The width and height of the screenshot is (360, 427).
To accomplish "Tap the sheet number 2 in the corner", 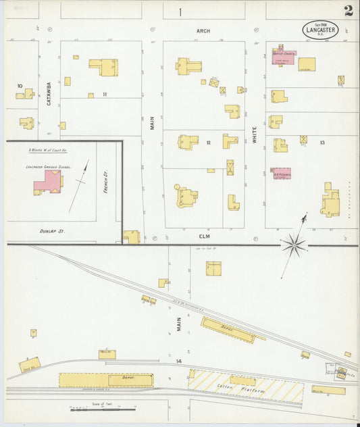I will coord(348,11).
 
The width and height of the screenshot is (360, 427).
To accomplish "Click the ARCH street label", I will coord(203,31).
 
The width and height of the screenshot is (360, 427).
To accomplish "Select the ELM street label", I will coord(204,236).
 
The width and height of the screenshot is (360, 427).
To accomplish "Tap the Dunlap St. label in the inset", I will coord(52,231).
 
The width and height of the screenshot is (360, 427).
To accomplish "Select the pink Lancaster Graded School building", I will coord(48,182).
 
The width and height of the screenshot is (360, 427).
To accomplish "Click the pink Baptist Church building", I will coord(283,56).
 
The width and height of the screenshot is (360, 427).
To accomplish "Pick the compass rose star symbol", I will coord(294,245).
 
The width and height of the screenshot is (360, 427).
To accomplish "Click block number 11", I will coord(105,94).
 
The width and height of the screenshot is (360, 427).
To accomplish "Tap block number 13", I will coord(322,142).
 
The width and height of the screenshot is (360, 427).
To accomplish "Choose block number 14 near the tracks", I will coord(179,361).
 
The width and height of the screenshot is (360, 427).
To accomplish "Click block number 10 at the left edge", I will coord(20,86).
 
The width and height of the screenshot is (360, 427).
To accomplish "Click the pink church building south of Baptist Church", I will coord(281,173).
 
